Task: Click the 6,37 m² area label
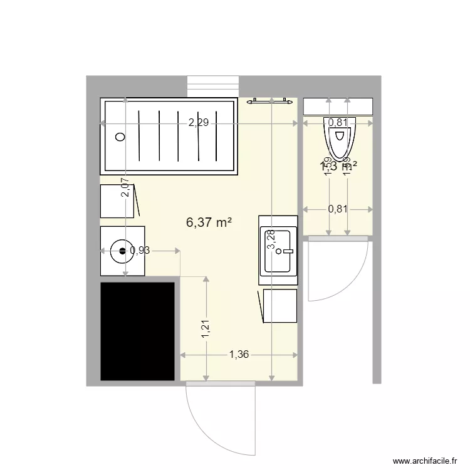point(209,222)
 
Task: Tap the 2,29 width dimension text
point(198,123)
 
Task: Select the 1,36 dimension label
point(239,355)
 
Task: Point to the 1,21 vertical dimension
point(206,330)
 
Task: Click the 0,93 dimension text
point(139,251)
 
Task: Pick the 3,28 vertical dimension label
point(271,240)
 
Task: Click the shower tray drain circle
point(120,136)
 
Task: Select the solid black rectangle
point(137,331)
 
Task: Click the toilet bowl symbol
point(339,137)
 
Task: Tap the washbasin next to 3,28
point(279,251)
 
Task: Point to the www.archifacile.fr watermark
point(425,461)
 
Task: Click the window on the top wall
point(213,86)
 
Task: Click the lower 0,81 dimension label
point(338,209)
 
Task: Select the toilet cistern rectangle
point(338,107)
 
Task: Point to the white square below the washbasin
point(280,306)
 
